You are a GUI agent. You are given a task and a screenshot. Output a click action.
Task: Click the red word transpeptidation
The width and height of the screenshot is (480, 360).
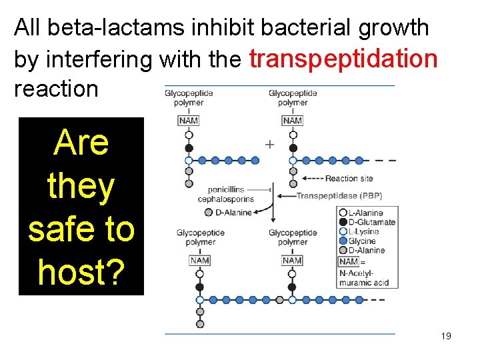point(343,59)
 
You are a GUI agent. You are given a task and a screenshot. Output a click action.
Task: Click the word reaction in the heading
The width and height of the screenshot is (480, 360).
point(56,89)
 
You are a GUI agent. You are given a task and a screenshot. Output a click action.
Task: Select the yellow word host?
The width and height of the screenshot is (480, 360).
point(81,271)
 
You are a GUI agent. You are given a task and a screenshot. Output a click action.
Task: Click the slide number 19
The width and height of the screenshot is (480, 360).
point(446,336)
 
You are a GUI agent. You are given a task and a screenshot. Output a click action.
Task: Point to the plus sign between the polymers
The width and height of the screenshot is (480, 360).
point(269,144)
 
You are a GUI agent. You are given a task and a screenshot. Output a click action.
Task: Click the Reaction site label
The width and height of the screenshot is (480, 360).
point(349,179)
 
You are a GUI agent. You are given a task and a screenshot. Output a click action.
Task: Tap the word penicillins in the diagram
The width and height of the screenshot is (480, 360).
point(229,189)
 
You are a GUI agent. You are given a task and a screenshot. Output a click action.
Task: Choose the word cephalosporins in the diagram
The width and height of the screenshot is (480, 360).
point(225,199)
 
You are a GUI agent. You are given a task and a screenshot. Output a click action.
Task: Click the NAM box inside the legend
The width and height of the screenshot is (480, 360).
point(349,261)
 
